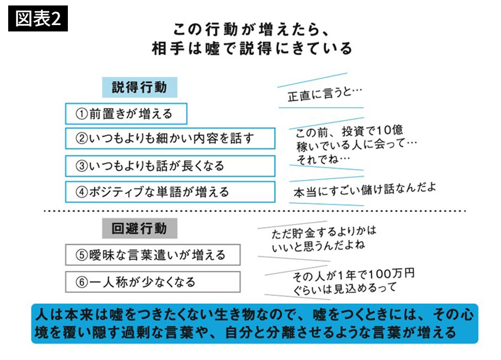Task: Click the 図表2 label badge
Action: tap(38, 19)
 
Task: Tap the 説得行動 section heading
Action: tap(139, 87)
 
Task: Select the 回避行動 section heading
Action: tap(139, 228)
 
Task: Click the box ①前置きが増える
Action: tap(126, 114)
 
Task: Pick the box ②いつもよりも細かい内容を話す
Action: tap(170, 139)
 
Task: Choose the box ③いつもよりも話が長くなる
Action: tap(170, 165)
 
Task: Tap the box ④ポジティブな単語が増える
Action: tap(170, 192)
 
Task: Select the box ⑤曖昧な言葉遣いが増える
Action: tap(152, 255)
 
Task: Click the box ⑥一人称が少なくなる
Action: tap(152, 282)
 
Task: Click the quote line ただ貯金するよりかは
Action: tap(324, 232)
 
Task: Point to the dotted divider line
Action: tap(255, 211)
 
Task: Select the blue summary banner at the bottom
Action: tap(254, 324)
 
